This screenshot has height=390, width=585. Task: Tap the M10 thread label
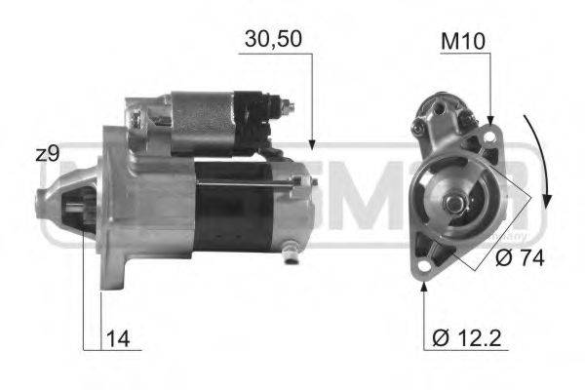point(463,42)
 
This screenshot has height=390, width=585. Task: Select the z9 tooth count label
point(48,154)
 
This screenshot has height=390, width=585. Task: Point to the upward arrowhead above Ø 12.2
point(424,292)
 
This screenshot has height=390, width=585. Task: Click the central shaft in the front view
point(454,202)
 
